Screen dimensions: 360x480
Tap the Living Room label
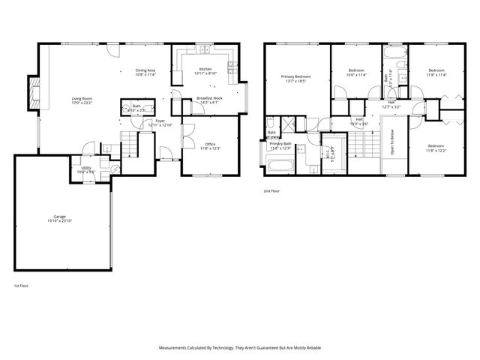pos(82,101)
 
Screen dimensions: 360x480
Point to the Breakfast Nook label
pos(208,100)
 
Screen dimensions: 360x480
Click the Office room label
pos(208,147)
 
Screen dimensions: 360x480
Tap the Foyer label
pos(160,122)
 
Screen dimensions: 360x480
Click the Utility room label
pos(86,170)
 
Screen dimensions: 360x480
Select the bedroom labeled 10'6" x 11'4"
pos(355,73)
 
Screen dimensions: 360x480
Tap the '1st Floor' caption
pos(22,286)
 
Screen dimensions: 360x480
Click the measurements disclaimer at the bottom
pos(240,348)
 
